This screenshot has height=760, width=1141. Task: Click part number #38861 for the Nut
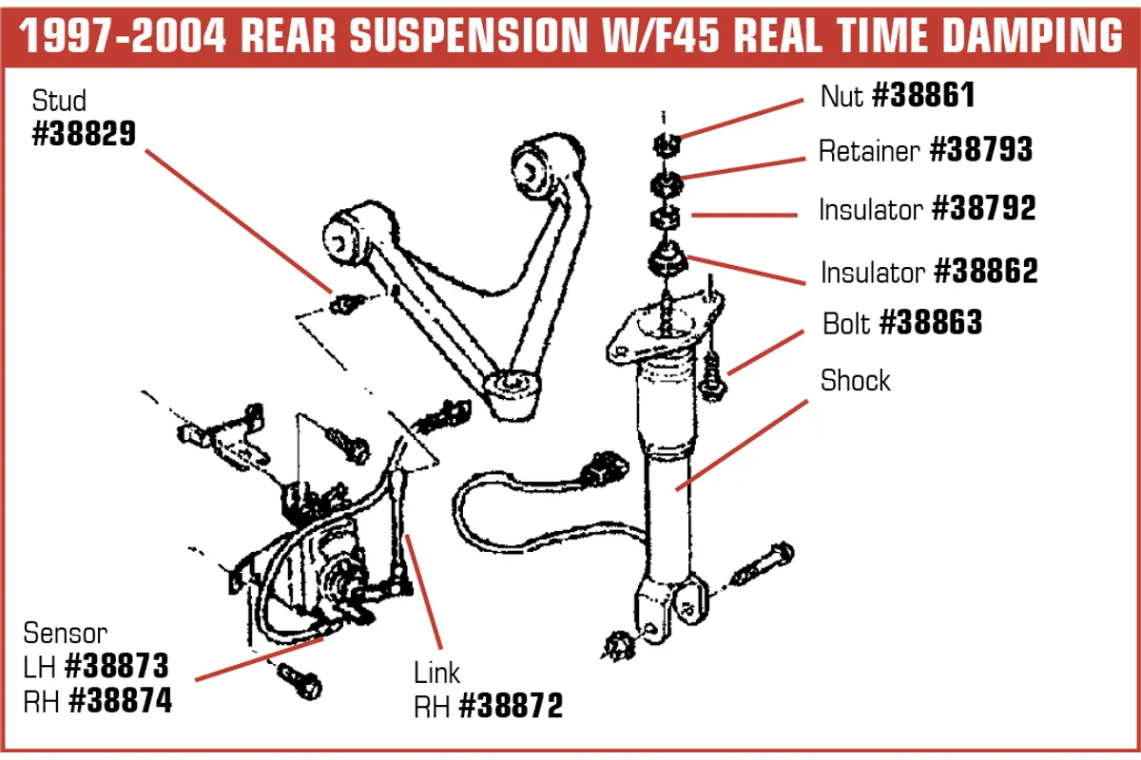point(923,95)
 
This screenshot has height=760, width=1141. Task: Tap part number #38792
point(983,209)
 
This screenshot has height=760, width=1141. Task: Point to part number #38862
point(985,272)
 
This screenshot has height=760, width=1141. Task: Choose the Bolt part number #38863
point(930,323)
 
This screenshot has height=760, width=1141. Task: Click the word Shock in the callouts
point(856,381)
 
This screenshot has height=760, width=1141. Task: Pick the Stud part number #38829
point(84,135)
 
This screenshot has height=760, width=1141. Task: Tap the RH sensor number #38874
point(120,701)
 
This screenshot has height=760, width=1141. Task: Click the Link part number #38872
point(511,706)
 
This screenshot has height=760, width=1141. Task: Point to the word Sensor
point(66,632)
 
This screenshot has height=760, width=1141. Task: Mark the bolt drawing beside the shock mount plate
point(713,376)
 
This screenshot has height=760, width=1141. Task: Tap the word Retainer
point(869,151)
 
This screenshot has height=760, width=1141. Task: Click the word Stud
point(59,101)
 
